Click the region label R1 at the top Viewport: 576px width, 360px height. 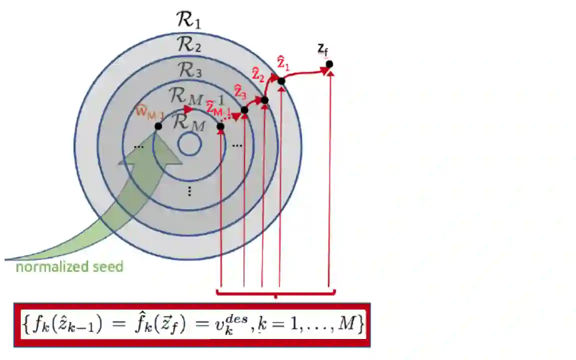tap(188, 20)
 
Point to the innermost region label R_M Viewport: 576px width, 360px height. tap(188, 122)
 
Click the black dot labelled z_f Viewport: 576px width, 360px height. tap(329, 64)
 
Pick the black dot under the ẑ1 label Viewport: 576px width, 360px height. tap(281, 81)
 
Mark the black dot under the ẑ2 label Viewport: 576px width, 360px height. tap(264, 100)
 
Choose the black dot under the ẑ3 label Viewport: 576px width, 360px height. tap(244, 110)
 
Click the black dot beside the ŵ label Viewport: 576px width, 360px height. tap(158, 126)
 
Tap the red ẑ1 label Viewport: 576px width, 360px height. tap(283, 64)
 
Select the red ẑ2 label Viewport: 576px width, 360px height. tap(258, 76)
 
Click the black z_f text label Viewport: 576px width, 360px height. tap(323, 49)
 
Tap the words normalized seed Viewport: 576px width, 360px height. tap(69, 266)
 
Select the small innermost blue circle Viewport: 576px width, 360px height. tap(189, 145)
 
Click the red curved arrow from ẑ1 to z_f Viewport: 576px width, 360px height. tap(305, 73)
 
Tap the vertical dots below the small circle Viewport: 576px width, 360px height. tap(189, 191)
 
